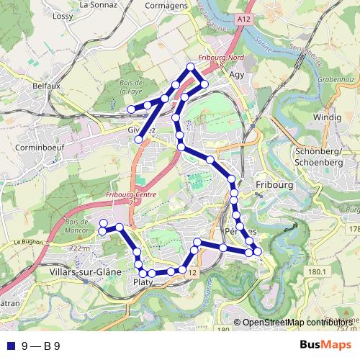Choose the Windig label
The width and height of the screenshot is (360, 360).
click(328, 117)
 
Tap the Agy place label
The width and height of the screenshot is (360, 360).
click(237, 73)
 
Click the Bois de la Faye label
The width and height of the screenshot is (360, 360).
click(130, 88)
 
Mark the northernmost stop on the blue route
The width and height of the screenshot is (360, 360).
click(191, 67)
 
